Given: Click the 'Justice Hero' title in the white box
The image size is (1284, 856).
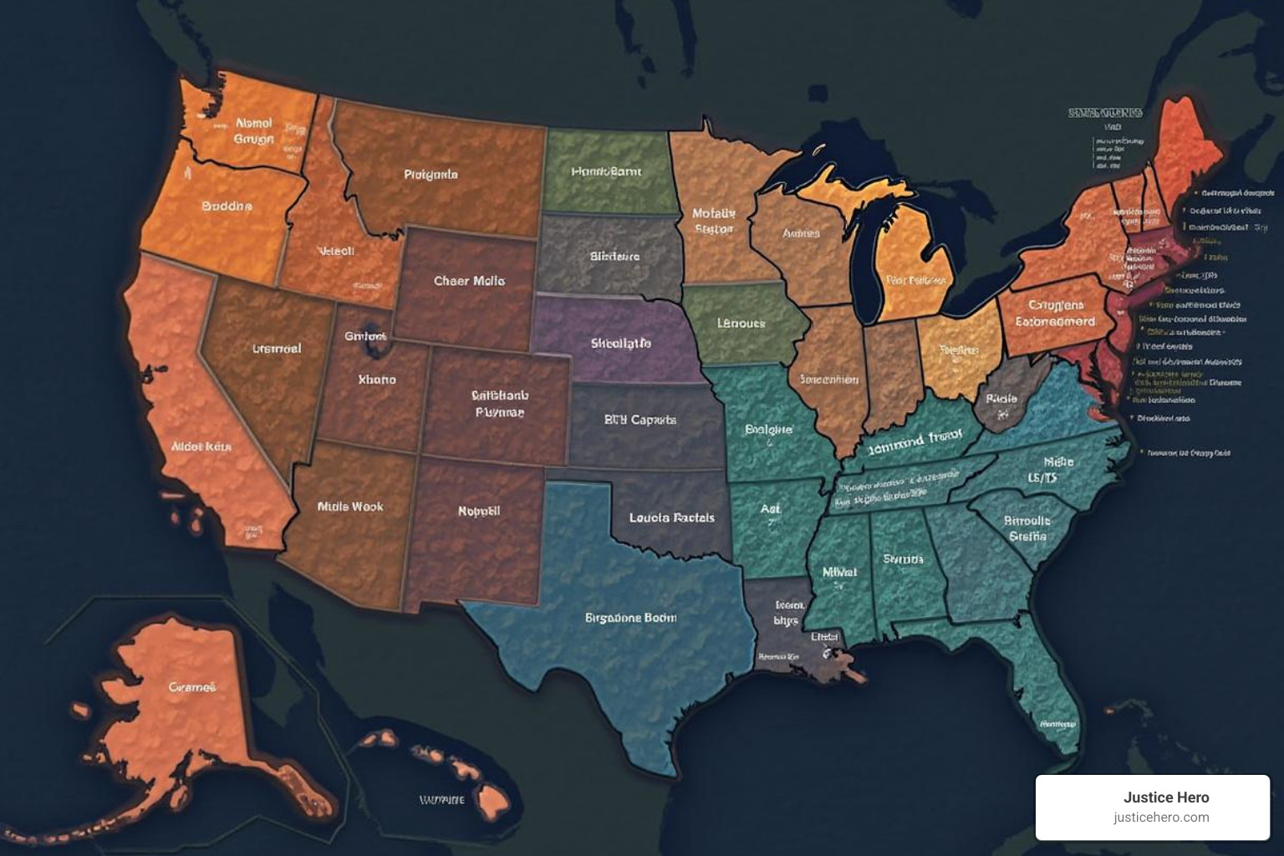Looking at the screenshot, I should pos(1165,797).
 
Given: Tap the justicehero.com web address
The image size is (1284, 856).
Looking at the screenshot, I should pos(1160,818).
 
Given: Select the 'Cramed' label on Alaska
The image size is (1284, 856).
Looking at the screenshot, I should pos(192,687).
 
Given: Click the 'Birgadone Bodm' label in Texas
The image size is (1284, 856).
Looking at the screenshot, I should pos(630,618).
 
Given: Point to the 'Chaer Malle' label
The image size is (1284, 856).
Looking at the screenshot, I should pos(469,281).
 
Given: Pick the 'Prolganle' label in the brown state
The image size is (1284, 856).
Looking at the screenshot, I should pos(431,175).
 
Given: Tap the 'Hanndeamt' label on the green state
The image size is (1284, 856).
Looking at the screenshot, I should pos(606,171).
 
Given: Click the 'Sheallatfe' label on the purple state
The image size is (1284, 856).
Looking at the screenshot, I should pos(620,343).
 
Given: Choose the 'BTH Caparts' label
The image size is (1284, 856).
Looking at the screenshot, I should pos(639,420).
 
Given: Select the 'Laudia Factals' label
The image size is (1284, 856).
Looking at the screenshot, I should pos(671,517).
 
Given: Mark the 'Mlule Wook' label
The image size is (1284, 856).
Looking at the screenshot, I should pos(350,507).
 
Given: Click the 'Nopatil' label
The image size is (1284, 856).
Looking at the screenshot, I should pos(478,511).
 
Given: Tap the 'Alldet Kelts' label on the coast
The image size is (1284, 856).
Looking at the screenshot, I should pos(201,446).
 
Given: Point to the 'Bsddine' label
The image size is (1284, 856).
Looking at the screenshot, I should pos(227,206).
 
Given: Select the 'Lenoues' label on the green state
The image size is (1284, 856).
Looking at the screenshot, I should pos(741,323).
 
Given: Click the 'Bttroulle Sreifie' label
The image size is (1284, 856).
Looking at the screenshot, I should pos(1027,528).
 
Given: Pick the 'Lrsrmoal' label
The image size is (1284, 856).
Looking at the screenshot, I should pos(276,349).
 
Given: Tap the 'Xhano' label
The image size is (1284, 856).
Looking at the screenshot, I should pos(376,380).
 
